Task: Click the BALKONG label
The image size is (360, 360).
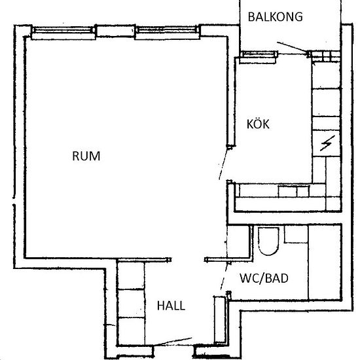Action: pyautogui.click(x=276, y=17)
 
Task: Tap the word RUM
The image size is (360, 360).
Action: pyautogui.click(x=86, y=156)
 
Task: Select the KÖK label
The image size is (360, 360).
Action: pyautogui.click(x=258, y=124)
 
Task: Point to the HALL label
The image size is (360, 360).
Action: pyautogui.click(x=171, y=306)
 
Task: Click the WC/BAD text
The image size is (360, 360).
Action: pyautogui.click(x=264, y=278)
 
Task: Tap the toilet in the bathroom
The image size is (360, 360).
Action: pyautogui.click(x=268, y=241)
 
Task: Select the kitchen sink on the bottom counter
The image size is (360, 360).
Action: pyautogui.click(x=294, y=191)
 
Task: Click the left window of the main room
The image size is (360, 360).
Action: pyautogui.click(x=63, y=31)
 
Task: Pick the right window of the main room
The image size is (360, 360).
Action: pyautogui.click(x=167, y=31)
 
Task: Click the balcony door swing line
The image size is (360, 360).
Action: pyautogui.click(x=293, y=47)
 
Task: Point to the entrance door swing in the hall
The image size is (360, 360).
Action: pyautogui.click(x=173, y=342)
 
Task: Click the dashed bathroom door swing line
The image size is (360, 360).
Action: pyautogui.click(x=225, y=278)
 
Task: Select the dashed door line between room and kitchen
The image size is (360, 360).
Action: pyautogui.click(x=223, y=164)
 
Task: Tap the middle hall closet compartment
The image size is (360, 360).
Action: pyautogui.click(x=131, y=303)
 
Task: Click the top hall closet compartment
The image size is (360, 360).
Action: pyautogui.click(x=131, y=276)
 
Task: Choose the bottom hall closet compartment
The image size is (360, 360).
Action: pyautogui.click(x=131, y=331)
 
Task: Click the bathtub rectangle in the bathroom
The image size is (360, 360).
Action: pyautogui.click(x=325, y=262)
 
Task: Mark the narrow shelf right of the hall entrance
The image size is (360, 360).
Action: pyautogui.click(x=220, y=319)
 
